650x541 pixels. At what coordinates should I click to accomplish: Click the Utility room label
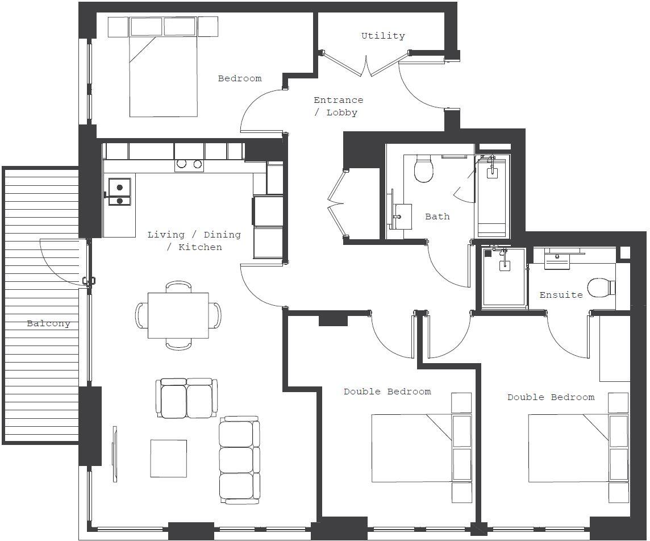point(383,36)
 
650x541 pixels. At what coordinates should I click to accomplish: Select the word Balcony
point(48,323)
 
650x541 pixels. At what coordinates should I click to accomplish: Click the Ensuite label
point(561,295)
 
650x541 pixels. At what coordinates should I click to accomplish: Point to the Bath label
point(437,217)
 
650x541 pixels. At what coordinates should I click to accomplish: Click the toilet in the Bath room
point(424,169)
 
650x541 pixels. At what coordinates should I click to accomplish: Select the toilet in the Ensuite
point(600,288)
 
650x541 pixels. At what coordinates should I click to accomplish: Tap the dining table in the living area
point(178,315)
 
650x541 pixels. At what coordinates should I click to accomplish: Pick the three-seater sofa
point(239,459)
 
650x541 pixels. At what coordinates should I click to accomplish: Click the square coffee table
point(169,459)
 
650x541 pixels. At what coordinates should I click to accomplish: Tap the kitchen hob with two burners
point(189,164)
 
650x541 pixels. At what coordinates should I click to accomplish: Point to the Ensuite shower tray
point(504,278)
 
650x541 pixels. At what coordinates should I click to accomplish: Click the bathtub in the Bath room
point(492,196)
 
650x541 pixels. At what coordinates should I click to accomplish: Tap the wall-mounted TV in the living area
point(115,453)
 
